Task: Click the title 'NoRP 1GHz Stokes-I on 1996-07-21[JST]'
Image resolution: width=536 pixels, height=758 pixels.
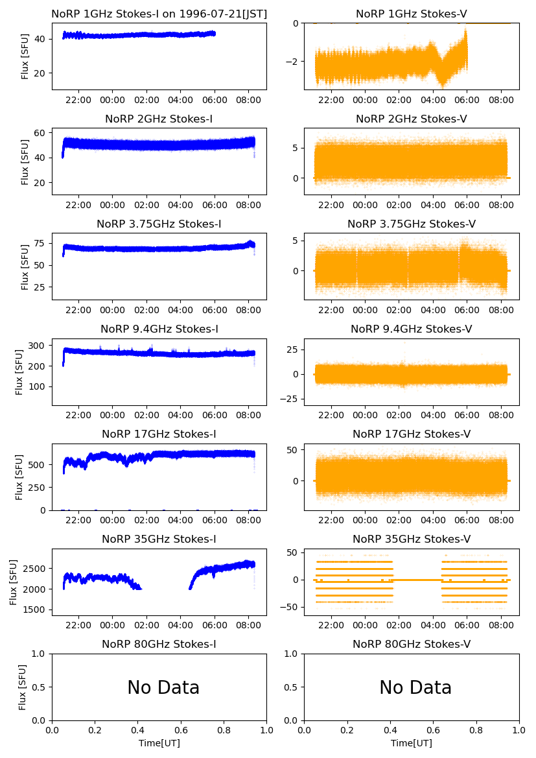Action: pyautogui.click(x=159, y=14)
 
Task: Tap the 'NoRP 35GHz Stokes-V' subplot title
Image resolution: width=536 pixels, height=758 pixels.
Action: pyautogui.click(x=412, y=539)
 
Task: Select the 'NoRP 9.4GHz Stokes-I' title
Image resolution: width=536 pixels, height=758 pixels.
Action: pyautogui.click(x=159, y=329)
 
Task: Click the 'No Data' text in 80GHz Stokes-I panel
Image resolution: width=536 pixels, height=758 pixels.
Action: pyautogui.click(x=163, y=687)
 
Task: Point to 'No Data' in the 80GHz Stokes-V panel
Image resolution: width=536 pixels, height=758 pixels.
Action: pyautogui.click(x=415, y=687)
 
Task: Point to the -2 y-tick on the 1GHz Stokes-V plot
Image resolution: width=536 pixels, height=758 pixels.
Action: pyautogui.click(x=294, y=62)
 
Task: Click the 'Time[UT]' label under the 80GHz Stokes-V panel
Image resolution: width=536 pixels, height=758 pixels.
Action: pyautogui.click(x=412, y=743)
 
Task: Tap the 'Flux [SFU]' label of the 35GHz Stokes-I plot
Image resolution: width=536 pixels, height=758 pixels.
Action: pyautogui.click(x=14, y=582)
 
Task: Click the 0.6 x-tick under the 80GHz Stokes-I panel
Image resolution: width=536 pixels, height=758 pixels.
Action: pyautogui.click(x=181, y=731)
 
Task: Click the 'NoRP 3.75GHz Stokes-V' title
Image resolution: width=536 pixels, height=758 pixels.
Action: pyautogui.click(x=412, y=224)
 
